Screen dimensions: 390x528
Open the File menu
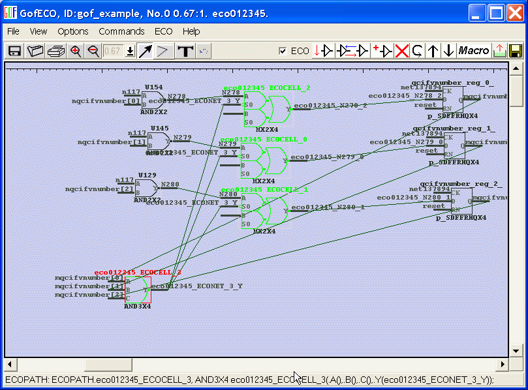coord(13,31)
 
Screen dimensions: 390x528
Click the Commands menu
coord(121,31)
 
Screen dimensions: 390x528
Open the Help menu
coord(191,31)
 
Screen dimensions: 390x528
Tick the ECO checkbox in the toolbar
coord(283,51)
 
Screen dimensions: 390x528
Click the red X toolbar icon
coord(402,51)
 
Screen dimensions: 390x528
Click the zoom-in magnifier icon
coord(76,51)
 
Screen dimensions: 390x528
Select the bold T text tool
coord(186,51)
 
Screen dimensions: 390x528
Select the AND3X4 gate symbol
coord(138,290)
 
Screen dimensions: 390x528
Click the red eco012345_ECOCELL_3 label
coord(138,273)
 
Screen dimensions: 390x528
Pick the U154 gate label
coord(154,87)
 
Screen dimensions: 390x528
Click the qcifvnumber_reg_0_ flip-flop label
coord(452,83)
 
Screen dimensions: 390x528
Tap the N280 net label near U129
coord(170,185)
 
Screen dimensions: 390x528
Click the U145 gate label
coord(159,128)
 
